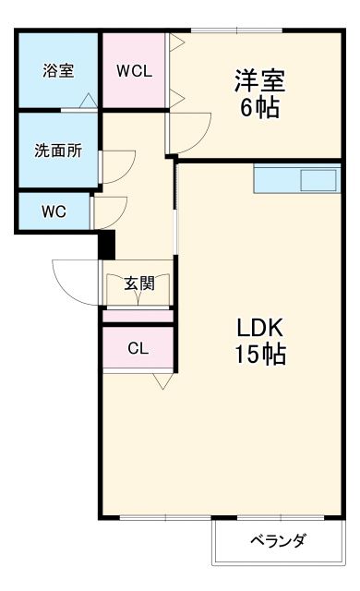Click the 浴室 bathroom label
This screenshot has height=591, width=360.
[x=58, y=71]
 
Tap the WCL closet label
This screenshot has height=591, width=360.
[x=134, y=71]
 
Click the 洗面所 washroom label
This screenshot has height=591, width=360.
[x=58, y=151]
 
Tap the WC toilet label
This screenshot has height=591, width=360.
[x=54, y=211]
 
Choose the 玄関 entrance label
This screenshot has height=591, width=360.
[x=139, y=283]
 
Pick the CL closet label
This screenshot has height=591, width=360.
[x=138, y=348]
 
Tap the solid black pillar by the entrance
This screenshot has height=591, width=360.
[x=106, y=245]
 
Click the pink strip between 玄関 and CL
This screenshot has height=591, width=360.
[x=138, y=317]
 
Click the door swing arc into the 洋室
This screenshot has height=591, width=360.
[x=185, y=131]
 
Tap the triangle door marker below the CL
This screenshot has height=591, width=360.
[x=163, y=380]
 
